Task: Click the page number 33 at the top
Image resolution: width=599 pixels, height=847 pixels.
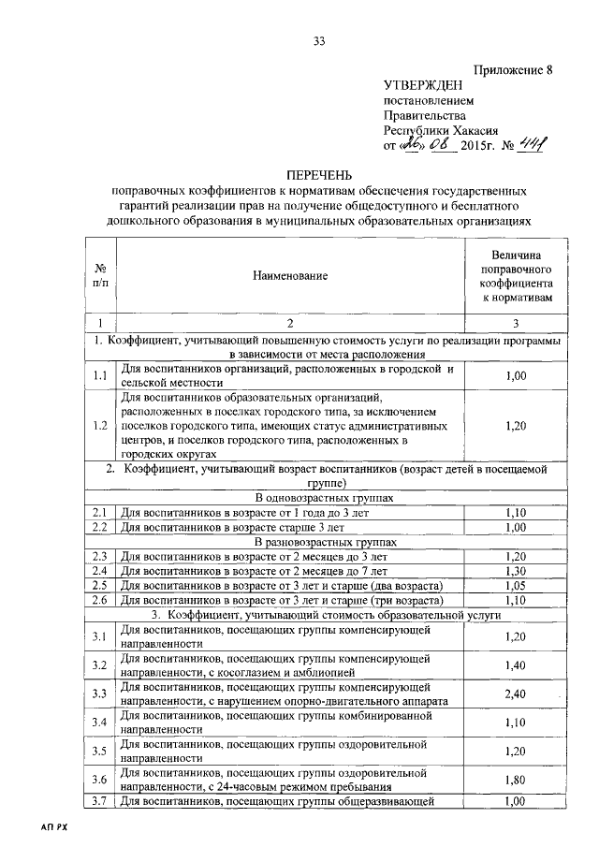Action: (319, 40)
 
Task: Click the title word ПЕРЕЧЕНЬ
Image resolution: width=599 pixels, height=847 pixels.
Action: (319, 175)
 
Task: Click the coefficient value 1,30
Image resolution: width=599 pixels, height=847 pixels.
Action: (515, 570)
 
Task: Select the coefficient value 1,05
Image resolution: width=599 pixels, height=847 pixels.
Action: (515, 585)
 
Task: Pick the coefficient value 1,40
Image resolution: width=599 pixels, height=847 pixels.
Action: (515, 665)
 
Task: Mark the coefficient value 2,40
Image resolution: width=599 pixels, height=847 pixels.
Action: (515, 694)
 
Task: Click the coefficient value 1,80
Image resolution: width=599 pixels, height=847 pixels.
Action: (515, 781)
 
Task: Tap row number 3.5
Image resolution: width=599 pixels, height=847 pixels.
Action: (99, 752)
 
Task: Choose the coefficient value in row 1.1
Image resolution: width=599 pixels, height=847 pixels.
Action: (515, 375)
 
